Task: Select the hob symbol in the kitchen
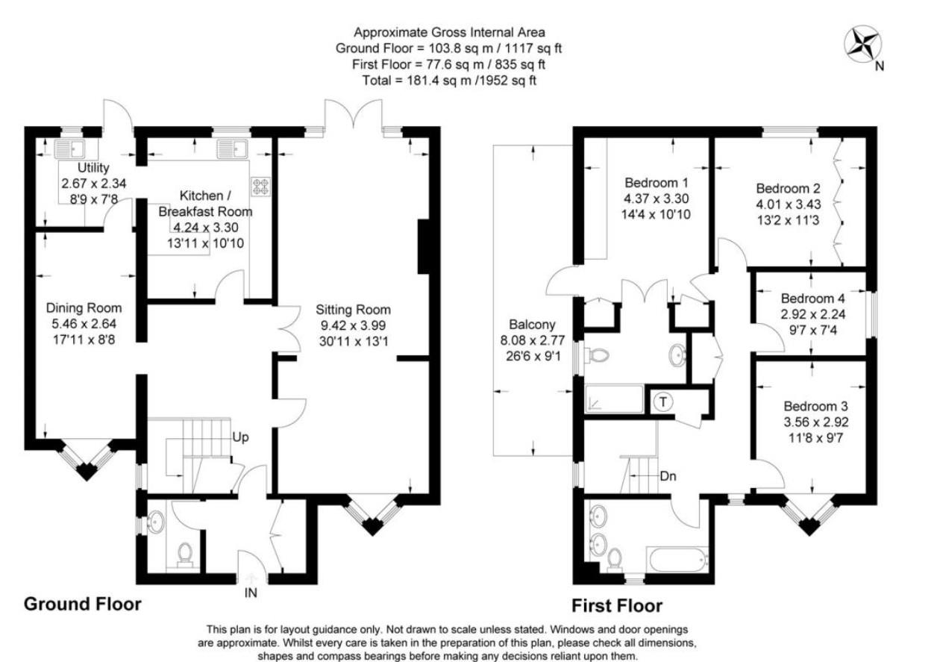coord(262,185)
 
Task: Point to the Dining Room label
coord(84,307)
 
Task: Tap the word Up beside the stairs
coord(239,437)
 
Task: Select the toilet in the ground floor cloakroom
coord(183,553)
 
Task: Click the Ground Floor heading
coord(83,603)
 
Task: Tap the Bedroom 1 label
coord(656,183)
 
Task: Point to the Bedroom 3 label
coord(815,407)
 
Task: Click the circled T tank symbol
coord(662,402)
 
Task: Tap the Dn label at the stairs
coord(667,475)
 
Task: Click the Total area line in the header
coord(449,80)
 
